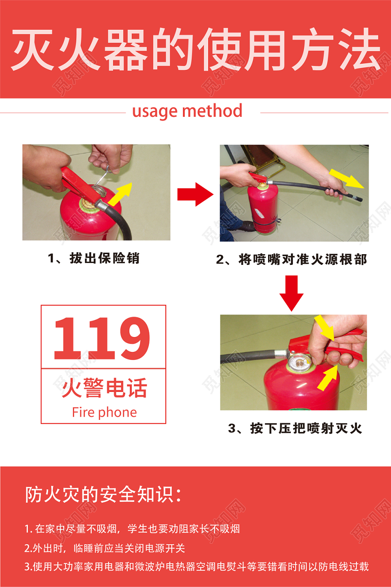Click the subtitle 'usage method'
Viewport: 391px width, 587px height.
point(187,112)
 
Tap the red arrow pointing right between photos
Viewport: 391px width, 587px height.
point(195,194)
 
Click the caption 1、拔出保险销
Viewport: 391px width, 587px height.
point(94,258)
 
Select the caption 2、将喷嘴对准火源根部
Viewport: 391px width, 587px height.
point(291,259)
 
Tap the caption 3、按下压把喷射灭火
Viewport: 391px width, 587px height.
point(295,428)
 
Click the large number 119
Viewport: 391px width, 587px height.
point(102,338)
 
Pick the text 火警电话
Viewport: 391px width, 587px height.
point(104,388)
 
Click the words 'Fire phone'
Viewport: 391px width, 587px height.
point(104,412)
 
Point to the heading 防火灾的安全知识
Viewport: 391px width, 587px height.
point(103,495)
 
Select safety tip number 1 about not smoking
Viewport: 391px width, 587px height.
point(132,529)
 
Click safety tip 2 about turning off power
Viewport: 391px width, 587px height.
point(105,548)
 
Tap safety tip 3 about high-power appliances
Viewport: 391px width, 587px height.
point(196,567)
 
